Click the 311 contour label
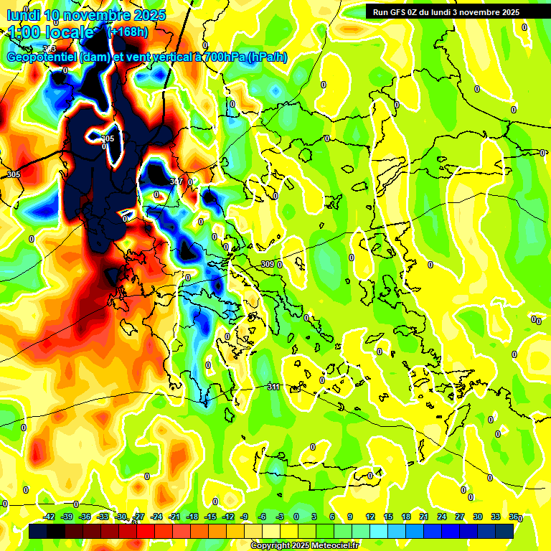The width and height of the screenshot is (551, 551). pos(273,387)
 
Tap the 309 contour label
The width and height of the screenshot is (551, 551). pos(267,264)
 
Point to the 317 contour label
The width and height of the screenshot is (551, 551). pos(176,182)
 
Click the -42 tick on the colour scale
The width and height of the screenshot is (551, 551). pos(50,517)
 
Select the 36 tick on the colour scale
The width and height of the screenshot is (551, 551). pos(514,517)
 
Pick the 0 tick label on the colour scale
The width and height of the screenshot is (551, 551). pos(296,517)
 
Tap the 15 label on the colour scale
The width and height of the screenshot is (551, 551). pos(388,517)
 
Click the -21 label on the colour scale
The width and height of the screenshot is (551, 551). pos(174,517)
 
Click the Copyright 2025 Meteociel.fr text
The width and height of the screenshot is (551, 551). pos(305,546)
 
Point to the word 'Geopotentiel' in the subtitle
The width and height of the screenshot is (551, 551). pos(42,57)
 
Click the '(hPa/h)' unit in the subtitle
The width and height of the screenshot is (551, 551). pos(267,57)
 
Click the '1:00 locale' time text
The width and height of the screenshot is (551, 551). pos(52,32)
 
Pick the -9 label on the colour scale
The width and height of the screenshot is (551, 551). pos(244,517)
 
